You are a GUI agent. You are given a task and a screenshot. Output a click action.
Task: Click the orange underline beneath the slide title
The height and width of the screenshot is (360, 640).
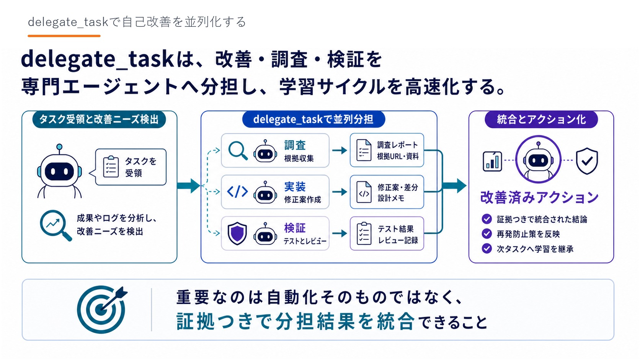64,36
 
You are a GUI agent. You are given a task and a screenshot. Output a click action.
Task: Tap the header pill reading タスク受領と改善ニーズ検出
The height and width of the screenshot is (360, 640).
99,119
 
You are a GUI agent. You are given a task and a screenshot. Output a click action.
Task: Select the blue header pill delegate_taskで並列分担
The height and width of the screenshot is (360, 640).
313,119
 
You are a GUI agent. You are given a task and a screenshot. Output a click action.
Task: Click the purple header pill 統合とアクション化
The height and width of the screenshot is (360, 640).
541,119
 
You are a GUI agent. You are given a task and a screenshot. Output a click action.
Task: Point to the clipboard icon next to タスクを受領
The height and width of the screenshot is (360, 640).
111,167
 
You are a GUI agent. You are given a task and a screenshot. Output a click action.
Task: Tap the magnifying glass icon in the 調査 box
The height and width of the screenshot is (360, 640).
238,151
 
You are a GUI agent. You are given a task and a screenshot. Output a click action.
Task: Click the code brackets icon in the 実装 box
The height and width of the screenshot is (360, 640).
237,192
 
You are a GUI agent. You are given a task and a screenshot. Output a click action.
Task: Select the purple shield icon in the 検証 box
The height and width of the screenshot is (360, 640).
237,233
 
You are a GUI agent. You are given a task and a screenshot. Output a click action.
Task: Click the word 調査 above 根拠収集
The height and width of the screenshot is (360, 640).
295,145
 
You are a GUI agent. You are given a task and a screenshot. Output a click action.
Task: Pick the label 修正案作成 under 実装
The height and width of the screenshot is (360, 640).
302,200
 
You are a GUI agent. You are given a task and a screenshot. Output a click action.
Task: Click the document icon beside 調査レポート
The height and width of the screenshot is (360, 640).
364,150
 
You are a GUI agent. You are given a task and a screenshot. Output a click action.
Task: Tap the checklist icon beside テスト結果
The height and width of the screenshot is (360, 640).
364,233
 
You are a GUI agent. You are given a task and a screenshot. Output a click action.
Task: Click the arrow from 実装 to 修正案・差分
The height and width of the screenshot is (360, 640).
340,192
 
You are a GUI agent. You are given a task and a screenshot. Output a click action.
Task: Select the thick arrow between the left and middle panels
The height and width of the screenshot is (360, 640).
189,186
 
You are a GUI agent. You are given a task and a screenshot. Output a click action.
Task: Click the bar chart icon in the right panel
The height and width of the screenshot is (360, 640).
492,161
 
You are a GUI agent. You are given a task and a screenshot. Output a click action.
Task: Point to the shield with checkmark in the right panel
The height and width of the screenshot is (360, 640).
587,161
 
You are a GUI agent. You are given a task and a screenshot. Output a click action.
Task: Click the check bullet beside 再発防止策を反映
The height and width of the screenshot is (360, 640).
487,234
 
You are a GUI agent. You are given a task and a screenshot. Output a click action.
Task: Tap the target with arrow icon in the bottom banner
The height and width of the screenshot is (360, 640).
102,310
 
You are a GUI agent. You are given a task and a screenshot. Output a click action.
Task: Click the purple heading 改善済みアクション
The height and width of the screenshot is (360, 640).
539,197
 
